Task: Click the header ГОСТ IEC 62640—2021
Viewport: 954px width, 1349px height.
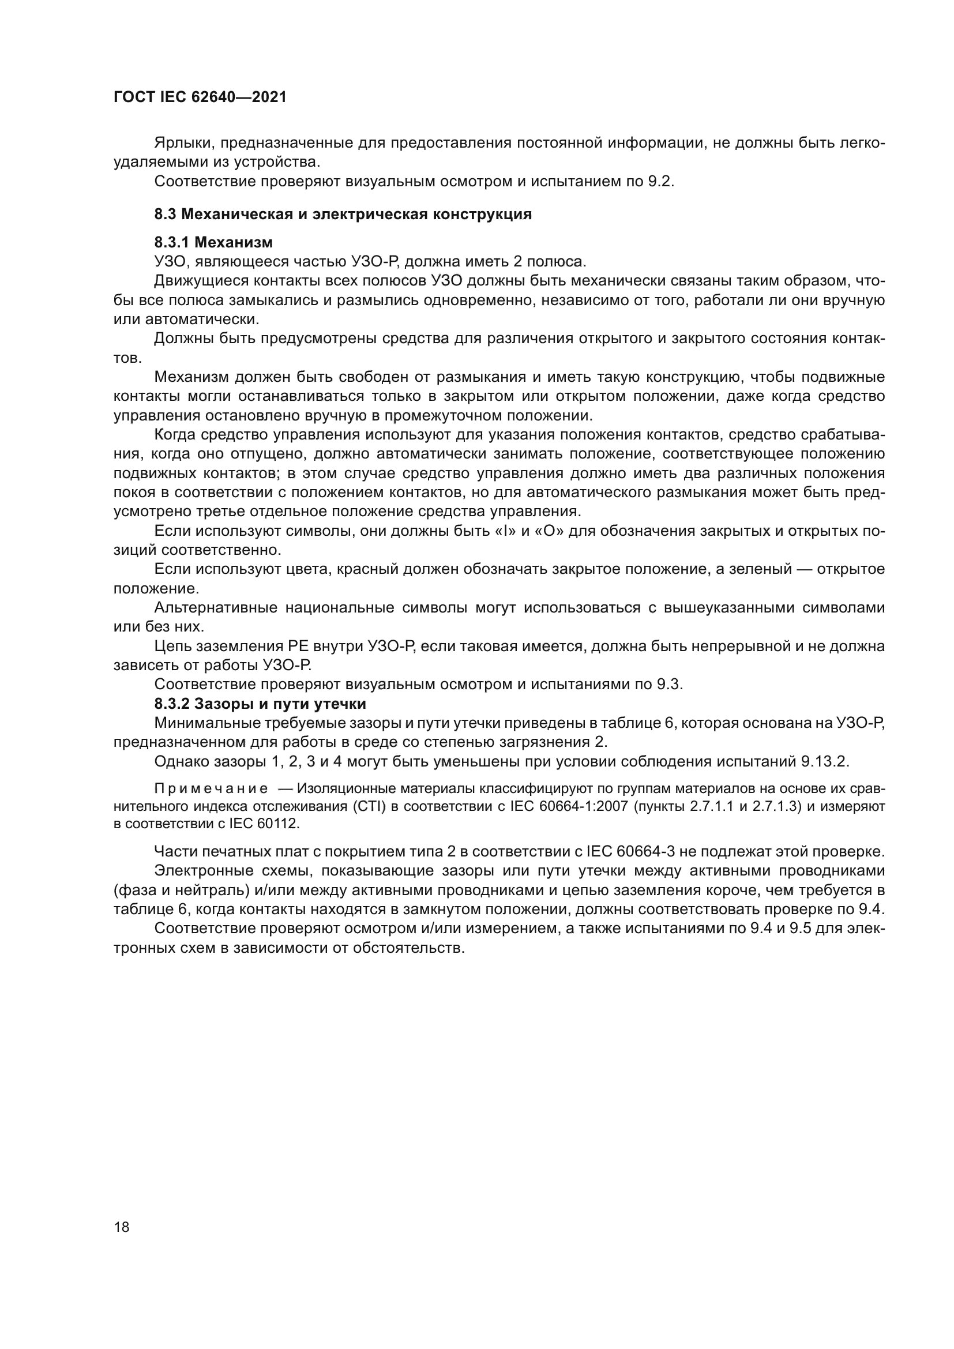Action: click(x=200, y=97)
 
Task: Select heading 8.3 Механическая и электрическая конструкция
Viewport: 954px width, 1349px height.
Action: click(x=343, y=215)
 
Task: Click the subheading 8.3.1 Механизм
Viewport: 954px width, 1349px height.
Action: click(x=213, y=242)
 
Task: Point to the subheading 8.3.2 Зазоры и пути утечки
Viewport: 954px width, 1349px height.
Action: click(x=260, y=704)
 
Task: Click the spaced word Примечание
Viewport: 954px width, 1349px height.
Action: click(x=211, y=789)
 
